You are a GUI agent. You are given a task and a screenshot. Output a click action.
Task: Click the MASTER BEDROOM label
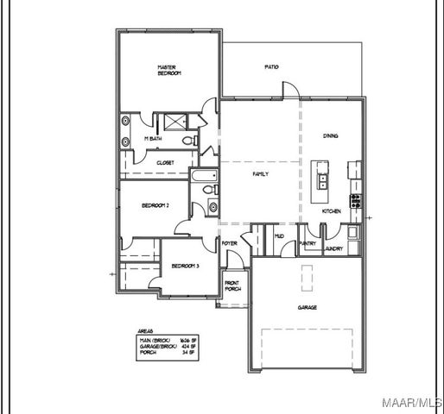(x=168, y=70)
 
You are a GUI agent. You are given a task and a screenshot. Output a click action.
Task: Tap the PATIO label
(x=271, y=67)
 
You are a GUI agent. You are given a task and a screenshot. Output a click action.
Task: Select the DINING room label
(x=331, y=135)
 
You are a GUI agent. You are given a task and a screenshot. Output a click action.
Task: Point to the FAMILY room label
(x=260, y=174)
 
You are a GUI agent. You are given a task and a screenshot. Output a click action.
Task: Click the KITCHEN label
(x=332, y=210)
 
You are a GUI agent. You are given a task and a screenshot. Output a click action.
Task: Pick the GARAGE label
(x=307, y=307)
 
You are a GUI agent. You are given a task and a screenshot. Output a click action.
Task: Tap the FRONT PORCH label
(x=232, y=285)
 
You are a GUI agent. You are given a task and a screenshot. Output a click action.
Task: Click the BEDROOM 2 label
(x=155, y=205)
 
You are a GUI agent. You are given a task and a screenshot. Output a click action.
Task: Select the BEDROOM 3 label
(x=186, y=266)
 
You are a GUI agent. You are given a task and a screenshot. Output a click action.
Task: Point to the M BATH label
(x=152, y=139)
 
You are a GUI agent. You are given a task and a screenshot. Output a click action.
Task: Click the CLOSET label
(x=165, y=162)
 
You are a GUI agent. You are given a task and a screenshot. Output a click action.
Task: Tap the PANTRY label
(x=308, y=244)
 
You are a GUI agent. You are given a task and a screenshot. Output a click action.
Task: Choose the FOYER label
(x=230, y=244)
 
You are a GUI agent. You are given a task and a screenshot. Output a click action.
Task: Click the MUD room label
(x=279, y=235)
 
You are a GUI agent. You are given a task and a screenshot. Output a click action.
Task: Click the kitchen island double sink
(x=322, y=181)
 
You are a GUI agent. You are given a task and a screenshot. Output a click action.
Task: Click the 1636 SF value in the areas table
(x=183, y=341)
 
